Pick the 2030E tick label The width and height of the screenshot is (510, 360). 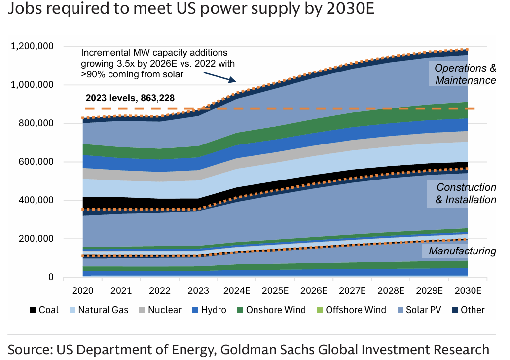(468, 290)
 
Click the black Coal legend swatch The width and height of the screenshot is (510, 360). (33, 310)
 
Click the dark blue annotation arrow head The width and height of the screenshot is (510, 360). (236, 81)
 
